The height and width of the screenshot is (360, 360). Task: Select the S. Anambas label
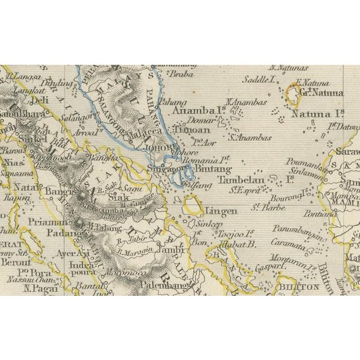coord(251,137)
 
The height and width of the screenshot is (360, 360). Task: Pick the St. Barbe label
coord(263,208)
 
